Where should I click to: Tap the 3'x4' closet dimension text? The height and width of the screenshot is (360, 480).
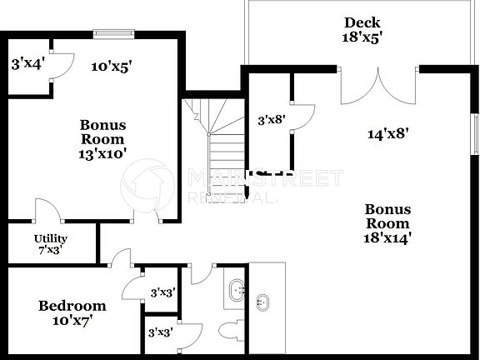click(27, 62)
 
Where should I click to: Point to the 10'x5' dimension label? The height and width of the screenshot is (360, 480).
click(112, 66)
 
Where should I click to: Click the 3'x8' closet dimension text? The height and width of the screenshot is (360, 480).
click(272, 120)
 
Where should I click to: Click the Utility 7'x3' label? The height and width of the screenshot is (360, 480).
click(50, 244)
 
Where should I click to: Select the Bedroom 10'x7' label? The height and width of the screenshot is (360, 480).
click(72, 312)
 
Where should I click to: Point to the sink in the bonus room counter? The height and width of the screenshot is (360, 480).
click(264, 302)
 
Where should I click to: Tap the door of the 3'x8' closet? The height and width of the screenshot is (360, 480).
click(303, 117)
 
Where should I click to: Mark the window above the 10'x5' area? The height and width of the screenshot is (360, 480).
click(114, 34)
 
